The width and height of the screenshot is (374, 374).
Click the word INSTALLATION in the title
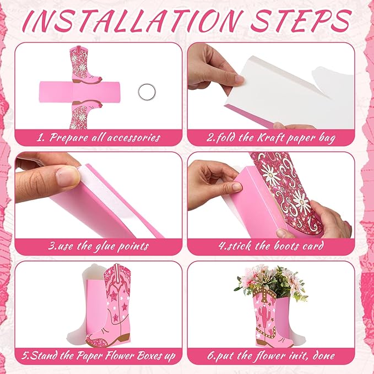pyautogui.click(x=133, y=21)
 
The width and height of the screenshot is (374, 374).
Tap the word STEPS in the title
pyautogui.click(x=301, y=21)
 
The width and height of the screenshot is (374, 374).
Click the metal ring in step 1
pyautogui.click(x=147, y=92)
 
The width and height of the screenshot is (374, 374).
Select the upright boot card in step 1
pyautogui.click(x=85, y=65)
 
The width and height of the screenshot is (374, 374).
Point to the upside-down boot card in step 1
pyautogui.click(x=85, y=115)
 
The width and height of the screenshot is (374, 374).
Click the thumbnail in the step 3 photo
pyautogui.click(x=68, y=176)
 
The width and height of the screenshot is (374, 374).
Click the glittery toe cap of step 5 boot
pyautogui.click(x=95, y=340)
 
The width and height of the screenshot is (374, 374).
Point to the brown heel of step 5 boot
pyautogui.click(x=124, y=338)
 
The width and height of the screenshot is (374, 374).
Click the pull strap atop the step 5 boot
pyautogui.click(x=117, y=271)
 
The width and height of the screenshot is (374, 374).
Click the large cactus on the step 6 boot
pyautogui.click(x=264, y=315)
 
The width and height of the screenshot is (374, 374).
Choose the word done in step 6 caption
pyautogui.click(x=324, y=356)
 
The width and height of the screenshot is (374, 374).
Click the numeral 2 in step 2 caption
pyautogui.click(x=210, y=138)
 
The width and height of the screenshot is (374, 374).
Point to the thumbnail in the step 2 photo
pyautogui.click(x=239, y=79)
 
